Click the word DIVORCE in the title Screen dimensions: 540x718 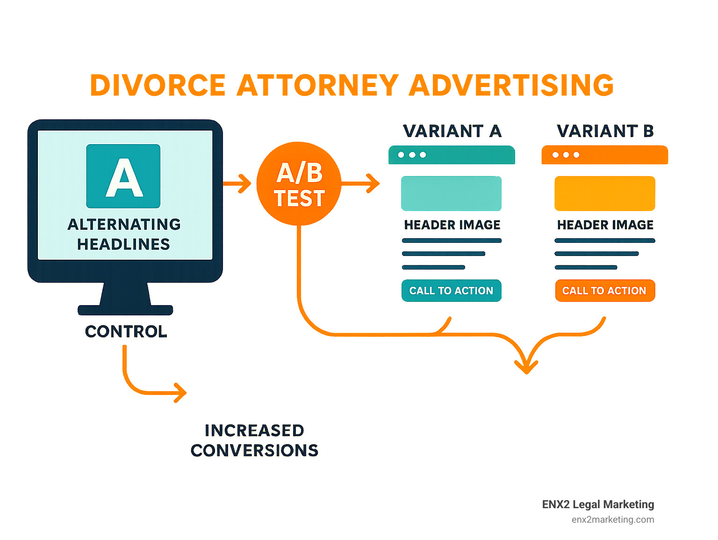tap(158, 85)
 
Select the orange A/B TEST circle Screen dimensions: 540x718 tap(299, 184)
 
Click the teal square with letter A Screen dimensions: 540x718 tap(123, 176)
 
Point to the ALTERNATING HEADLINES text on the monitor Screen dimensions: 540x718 tap(124, 234)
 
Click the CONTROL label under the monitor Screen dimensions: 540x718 tap(126, 331)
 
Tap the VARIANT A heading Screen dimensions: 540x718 tap(452, 131)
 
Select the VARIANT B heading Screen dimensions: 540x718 tap(605, 131)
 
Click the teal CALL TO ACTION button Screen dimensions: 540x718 tap(451, 291)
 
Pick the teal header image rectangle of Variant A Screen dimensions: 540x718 tap(451, 193)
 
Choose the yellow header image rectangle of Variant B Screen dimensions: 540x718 tap(604, 193)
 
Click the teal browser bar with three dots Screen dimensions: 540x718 tap(452, 155)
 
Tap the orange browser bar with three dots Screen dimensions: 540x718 tap(604, 155)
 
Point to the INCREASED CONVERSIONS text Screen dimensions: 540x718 tap(254, 440)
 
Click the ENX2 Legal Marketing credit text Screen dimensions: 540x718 tap(598, 504)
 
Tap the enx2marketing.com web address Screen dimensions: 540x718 tap(612, 519)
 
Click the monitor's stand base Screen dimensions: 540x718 tap(125, 310)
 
